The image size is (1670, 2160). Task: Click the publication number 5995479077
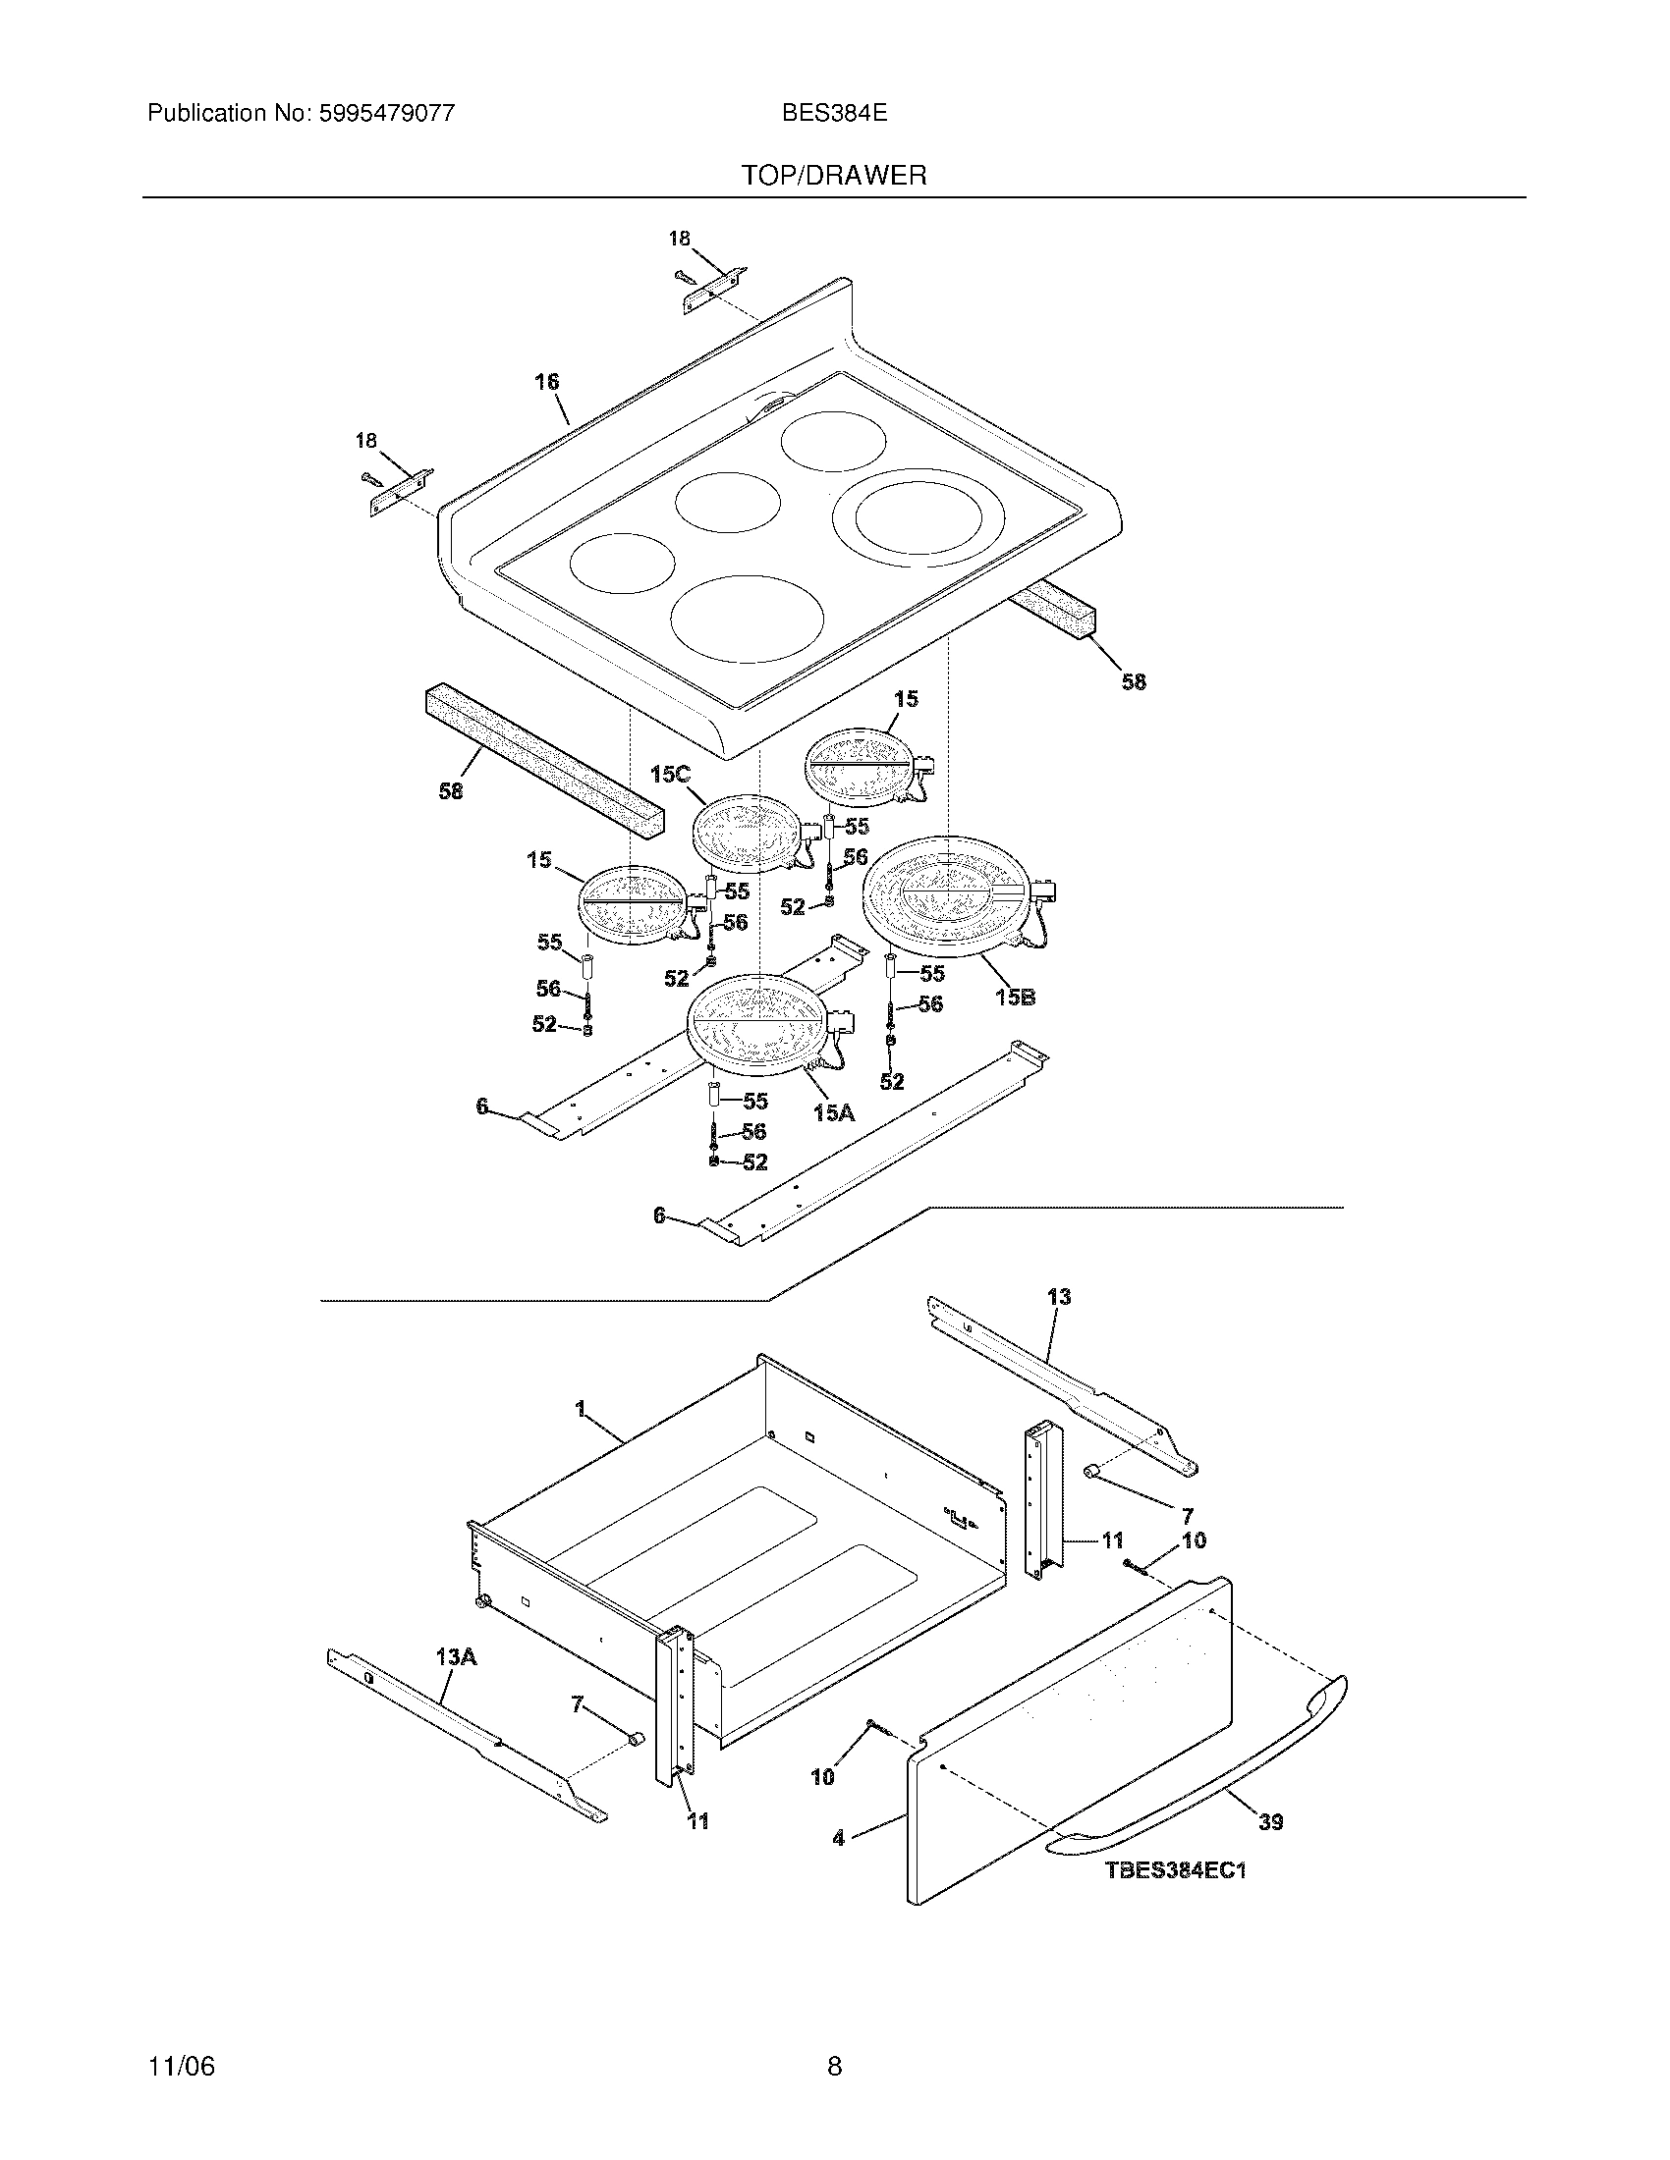click(x=387, y=113)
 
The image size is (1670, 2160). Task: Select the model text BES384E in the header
click(x=834, y=113)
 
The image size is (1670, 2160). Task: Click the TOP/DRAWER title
click(x=834, y=176)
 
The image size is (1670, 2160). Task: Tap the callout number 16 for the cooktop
click(x=547, y=382)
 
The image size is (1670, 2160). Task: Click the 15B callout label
click(x=1015, y=997)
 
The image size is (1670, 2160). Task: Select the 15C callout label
click(x=670, y=775)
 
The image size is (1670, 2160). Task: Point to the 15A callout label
click(x=833, y=1113)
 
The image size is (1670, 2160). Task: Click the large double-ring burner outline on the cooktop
click(x=918, y=519)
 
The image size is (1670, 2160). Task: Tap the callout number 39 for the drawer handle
click(x=1270, y=1821)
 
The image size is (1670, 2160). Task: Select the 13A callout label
click(x=455, y=1656)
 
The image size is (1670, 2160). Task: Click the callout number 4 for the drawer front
click(x=839, y=1839)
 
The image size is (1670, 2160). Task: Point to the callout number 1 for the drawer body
click(x=581, y=1405)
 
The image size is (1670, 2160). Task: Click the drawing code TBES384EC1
click(x=1175, y=1870)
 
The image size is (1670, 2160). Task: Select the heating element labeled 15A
click(x=755, y=1023)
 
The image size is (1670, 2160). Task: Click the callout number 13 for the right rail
click(x=1059, y=1297)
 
